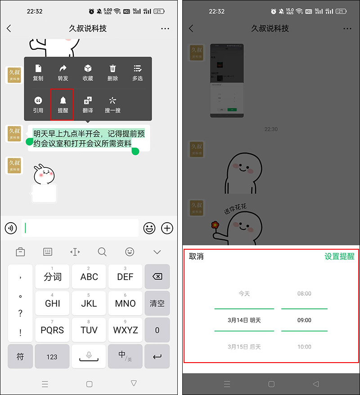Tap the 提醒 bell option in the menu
[63, 104]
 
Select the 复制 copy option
[38, 72]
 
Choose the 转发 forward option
[63, 72]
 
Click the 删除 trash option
[112, 72]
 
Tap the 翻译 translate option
[88, 104]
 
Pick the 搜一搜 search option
[112, 104]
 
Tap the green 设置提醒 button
[339, 256]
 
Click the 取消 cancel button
[196, 256]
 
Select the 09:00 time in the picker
[304, 320]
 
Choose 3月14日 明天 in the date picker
[244, 320]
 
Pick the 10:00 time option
[304, 347]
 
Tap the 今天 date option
[244, 294]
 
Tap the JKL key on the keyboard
[89, 303]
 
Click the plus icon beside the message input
[167, 228]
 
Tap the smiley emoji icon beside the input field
[149, 228]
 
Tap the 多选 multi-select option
[137, 72]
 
